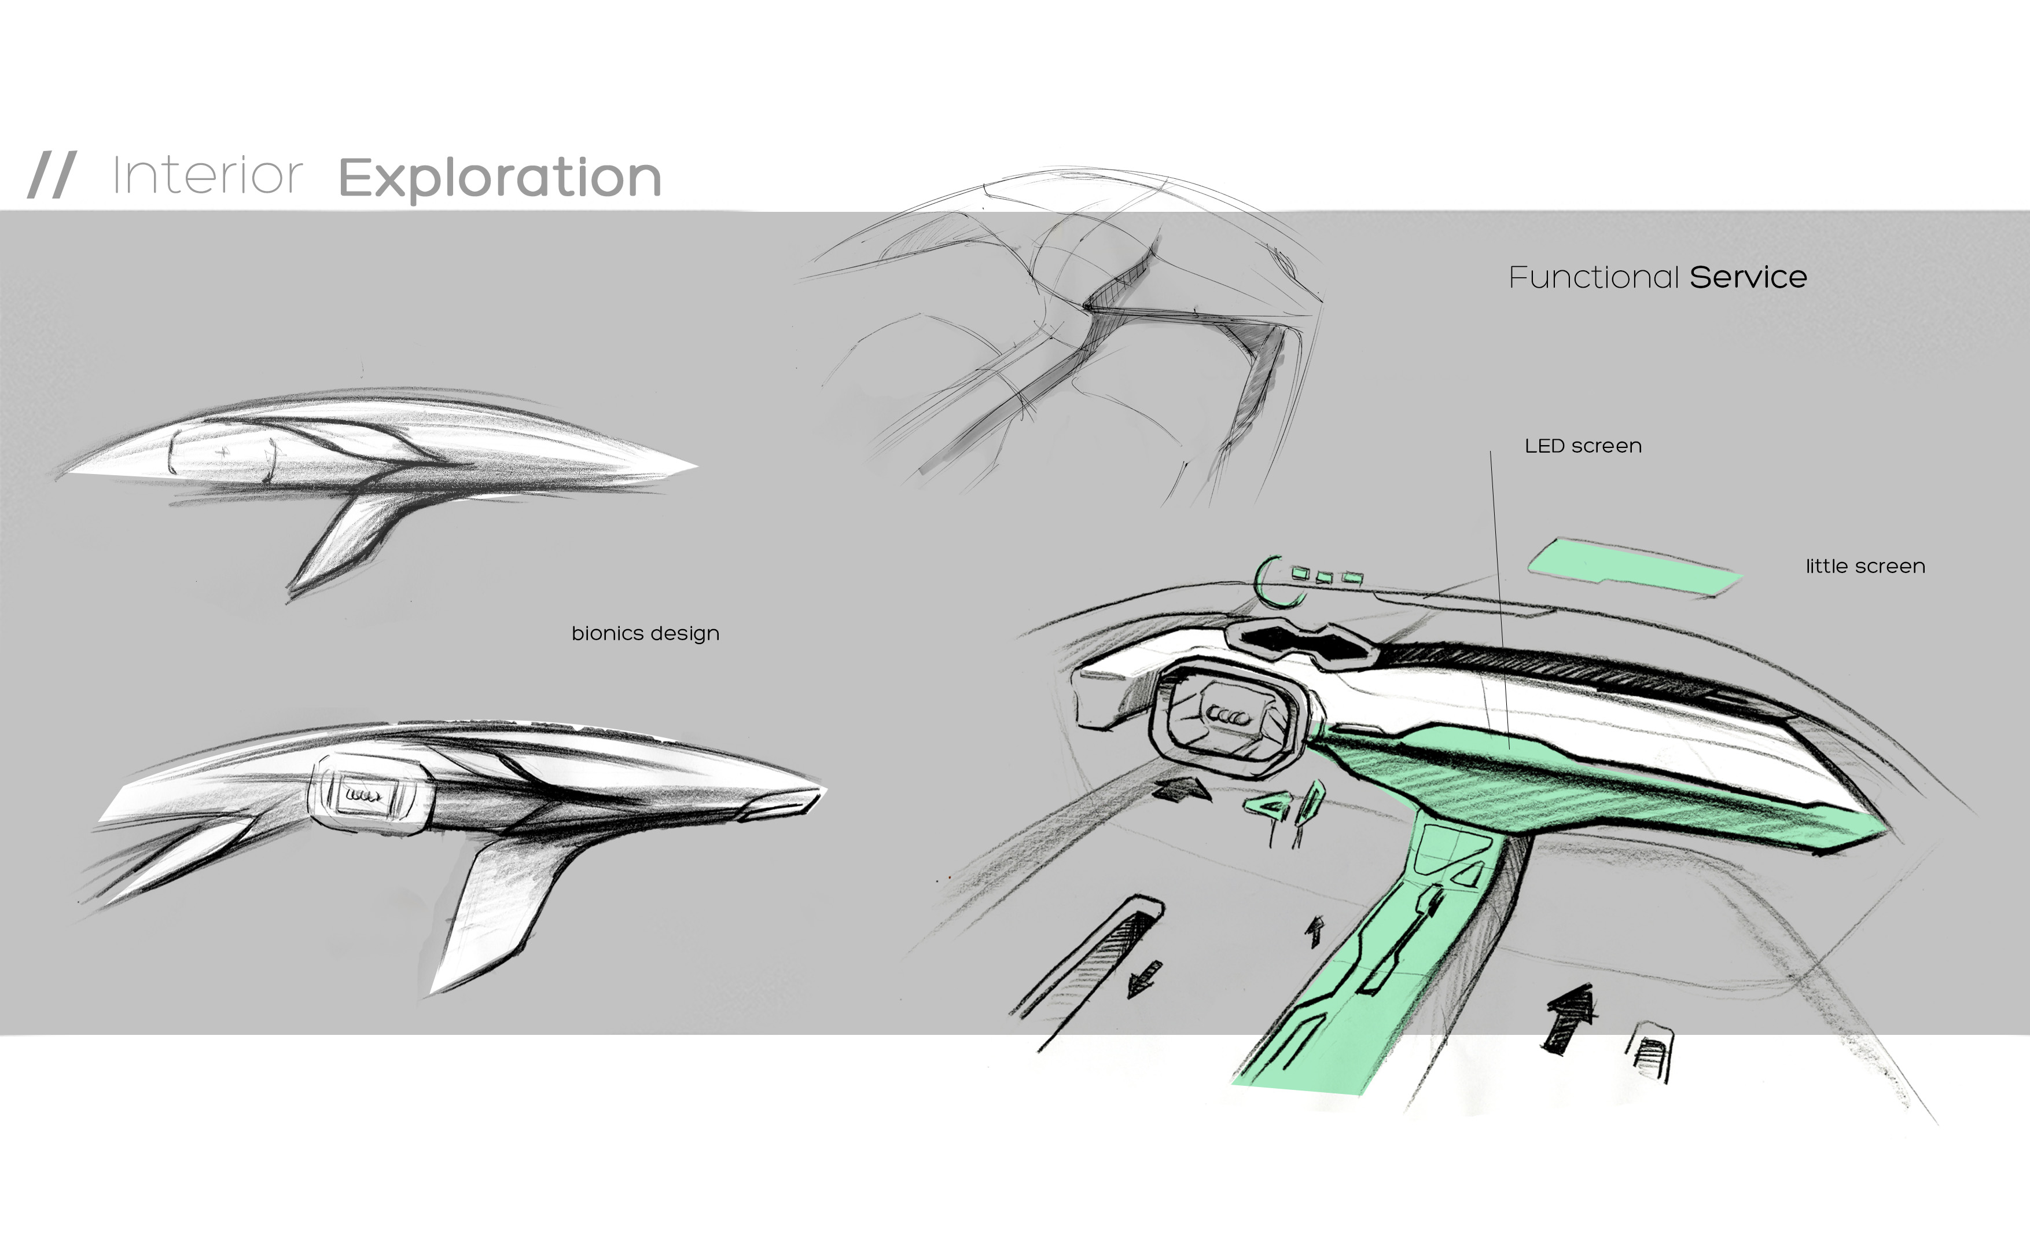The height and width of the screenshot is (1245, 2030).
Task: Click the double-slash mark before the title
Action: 52,175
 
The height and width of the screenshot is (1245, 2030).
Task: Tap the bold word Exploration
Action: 499,178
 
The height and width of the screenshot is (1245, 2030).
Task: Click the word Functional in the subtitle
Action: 1593,278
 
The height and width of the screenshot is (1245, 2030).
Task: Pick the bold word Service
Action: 1748,278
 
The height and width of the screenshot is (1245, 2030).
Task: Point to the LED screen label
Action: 1583,446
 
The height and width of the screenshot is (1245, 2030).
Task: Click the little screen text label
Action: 1865,566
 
